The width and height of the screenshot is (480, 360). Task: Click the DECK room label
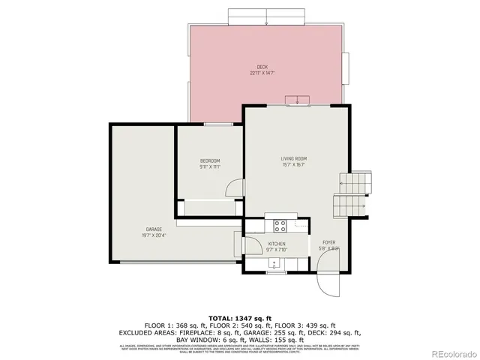(x=262, y=67)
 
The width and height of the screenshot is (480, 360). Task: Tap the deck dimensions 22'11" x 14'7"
(x=262, y=73)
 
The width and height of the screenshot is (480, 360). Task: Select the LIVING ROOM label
(x=294, y=158)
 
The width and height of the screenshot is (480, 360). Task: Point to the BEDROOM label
(x=209, y=161)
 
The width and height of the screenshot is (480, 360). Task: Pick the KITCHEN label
(x=277, y=244)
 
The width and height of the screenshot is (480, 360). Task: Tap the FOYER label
(x=328, y=243)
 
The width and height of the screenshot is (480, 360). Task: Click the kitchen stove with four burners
(x=281, y=224)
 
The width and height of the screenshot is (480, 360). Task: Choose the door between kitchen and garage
(x=238, y=244)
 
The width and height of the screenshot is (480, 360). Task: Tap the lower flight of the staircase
(x=350, y=203)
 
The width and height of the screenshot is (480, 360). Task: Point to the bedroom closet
(x=209, y=208)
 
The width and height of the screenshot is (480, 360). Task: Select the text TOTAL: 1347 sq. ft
(x=240, y=317)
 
